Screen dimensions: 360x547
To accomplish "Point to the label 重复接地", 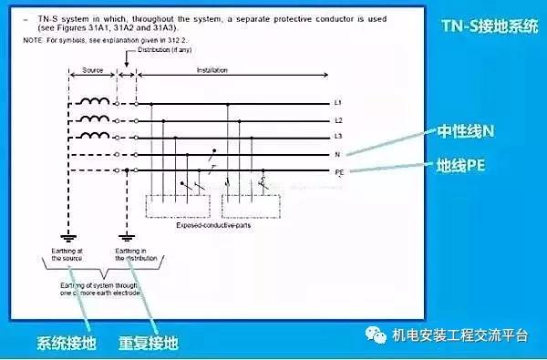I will pos(148,344).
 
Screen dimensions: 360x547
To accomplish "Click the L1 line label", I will pos(338,104).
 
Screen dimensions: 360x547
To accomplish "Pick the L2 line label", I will pos(338,120).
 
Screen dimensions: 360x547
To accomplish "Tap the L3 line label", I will pos(338,137).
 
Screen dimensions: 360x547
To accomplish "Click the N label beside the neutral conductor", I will pos(337,153).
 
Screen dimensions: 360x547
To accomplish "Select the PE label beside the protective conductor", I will pos(339,170).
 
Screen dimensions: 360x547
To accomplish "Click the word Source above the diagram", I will pos(93,69).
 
